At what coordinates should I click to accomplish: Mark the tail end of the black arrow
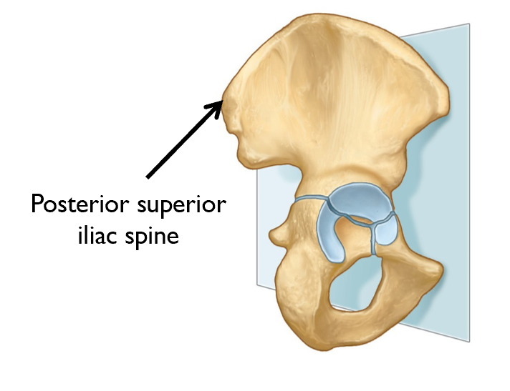coord(148,177)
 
